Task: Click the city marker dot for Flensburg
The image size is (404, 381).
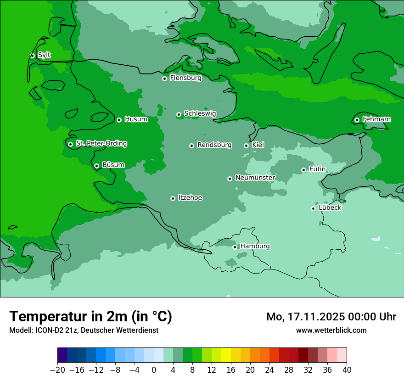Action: (164, 78)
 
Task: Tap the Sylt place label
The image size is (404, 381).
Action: (44, 55)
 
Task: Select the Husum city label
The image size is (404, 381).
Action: (136, 119)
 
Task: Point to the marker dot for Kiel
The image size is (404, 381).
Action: (246, 146)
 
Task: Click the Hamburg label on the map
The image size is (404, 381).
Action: (255, 246)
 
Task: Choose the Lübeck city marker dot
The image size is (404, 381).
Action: (313, 208)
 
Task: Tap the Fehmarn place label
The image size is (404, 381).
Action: (376, 119)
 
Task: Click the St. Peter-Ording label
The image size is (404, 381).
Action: (101, 144)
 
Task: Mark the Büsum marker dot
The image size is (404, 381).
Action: (96, 166)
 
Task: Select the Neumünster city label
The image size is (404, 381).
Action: (255, 178)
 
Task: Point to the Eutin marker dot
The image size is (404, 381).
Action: (303, 170)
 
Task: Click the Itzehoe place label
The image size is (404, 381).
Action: (190, 198)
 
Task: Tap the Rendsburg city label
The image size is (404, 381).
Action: (214, 145)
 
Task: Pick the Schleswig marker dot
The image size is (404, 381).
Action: (179, 114)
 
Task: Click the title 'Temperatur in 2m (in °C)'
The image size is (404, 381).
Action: (90, 316)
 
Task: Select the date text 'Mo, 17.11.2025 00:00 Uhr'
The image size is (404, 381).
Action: (331, 317)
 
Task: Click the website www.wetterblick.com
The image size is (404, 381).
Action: (331, 330)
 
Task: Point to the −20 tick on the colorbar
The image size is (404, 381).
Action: (58, 370)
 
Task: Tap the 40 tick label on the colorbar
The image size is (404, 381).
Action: (347, 370)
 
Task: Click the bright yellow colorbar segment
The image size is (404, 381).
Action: (226, 355)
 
